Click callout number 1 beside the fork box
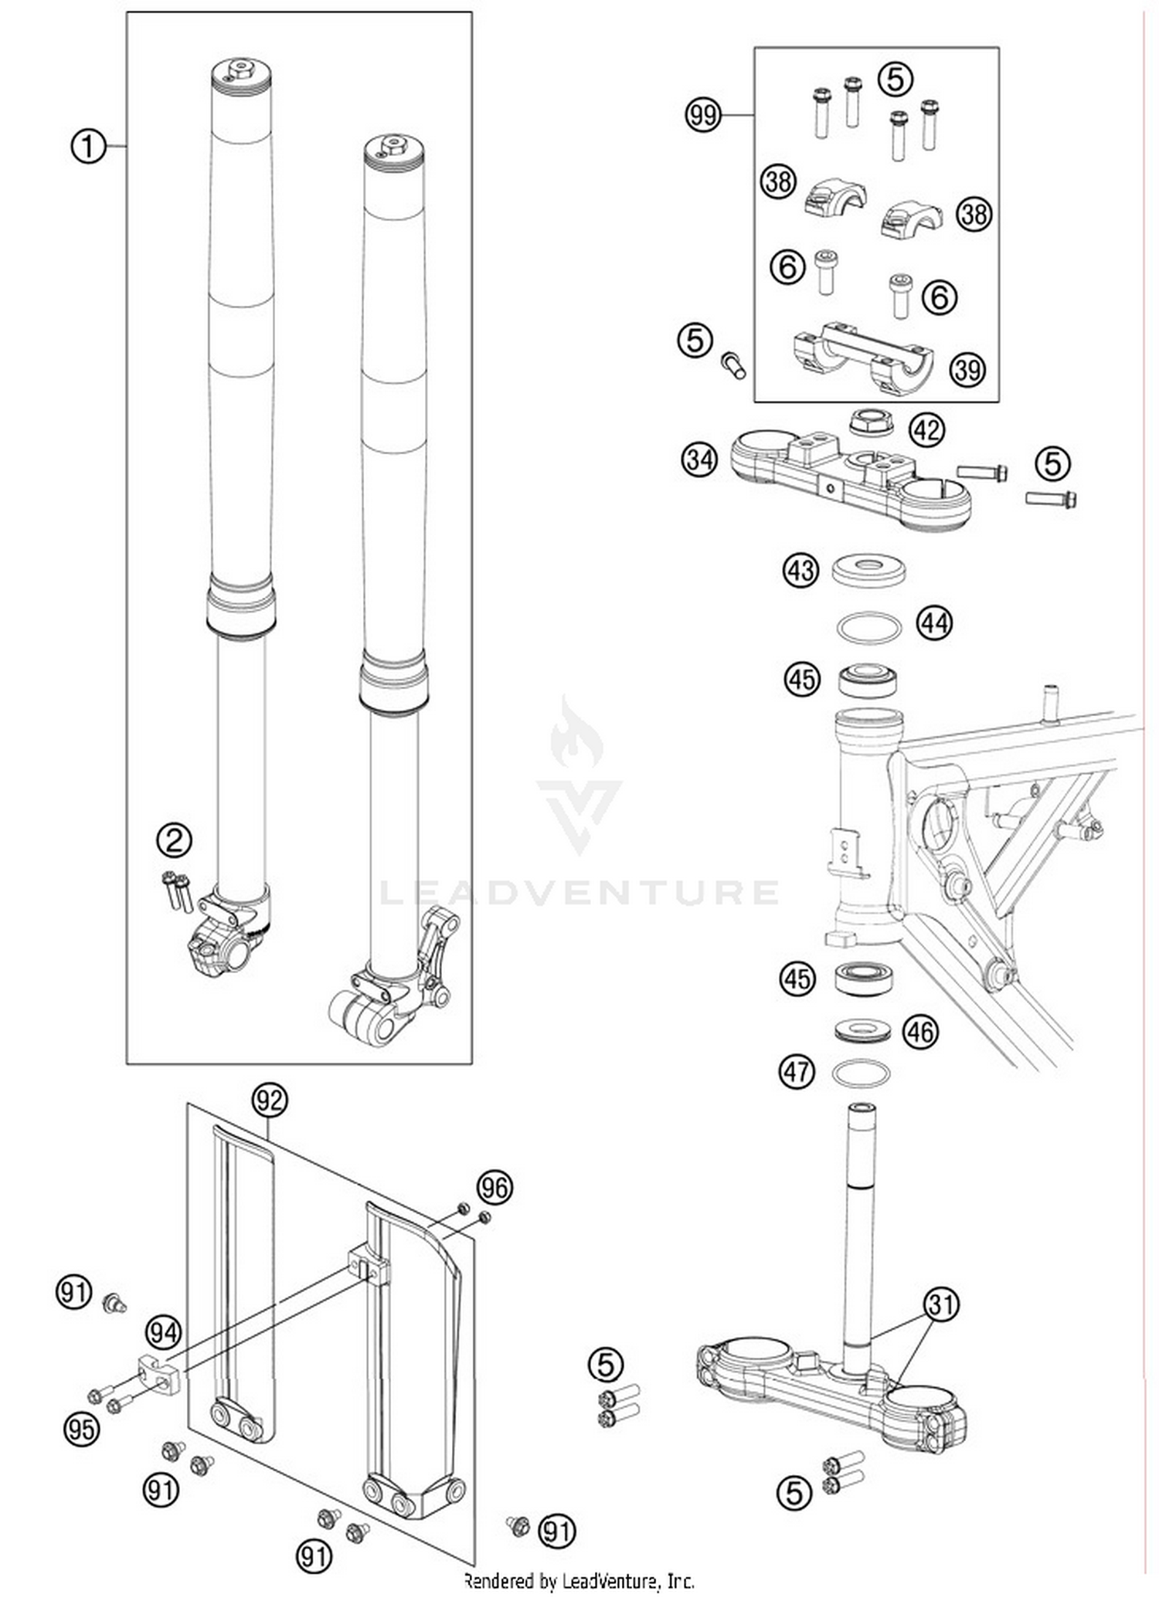(88, 146)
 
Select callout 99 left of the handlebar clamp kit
(702, 115)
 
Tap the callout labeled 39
(967, 370)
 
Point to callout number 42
(926, 429)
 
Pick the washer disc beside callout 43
(868, 570)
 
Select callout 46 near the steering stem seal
(919, 1032)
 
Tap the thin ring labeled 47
(861, 1073)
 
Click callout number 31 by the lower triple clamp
(941, 1304)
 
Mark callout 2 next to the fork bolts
(174, 840)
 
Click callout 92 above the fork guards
(270, 1100)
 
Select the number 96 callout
(495, 1187)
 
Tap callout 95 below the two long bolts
(81, 1429)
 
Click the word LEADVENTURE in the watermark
(579, 894)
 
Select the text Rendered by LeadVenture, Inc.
(579, 1581)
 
